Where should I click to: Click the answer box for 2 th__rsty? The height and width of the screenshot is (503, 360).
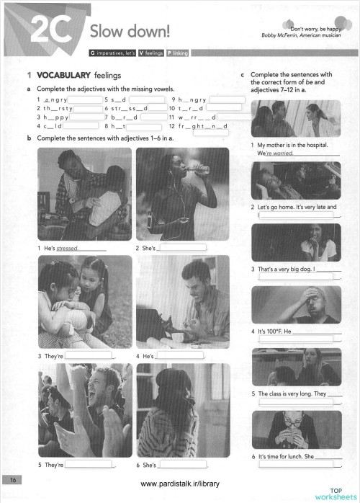88,108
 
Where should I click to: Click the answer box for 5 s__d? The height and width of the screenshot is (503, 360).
149,99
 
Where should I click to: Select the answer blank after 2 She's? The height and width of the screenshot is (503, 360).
181,248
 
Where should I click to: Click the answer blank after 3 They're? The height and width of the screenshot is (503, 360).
90,356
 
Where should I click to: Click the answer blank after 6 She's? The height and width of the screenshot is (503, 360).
181,464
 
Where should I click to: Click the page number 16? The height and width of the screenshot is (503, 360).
13,479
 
